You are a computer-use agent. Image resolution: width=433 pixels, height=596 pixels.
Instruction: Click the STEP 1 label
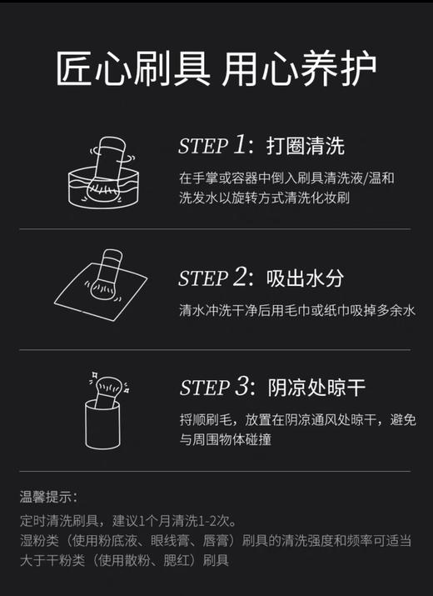coord(214,146)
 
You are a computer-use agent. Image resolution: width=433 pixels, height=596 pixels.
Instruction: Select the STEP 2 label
coord(214,278)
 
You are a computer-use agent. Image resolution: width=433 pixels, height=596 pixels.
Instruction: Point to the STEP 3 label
coord(215,388)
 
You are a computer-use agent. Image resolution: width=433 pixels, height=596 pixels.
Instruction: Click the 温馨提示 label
coord(48,498)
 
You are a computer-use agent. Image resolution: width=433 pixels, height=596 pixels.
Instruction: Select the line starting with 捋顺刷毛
coord(296,420)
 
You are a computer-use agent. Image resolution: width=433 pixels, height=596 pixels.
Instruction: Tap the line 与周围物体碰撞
coord(225,440)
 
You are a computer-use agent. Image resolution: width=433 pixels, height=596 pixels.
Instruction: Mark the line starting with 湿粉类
coord(216,541)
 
